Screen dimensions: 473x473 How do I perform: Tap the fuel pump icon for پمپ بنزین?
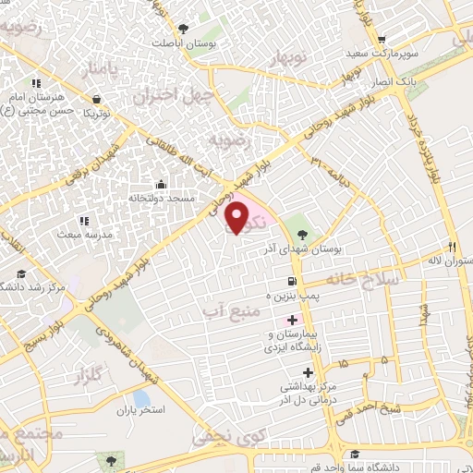(292, 281)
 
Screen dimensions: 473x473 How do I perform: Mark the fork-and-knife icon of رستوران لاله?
(453, 246)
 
